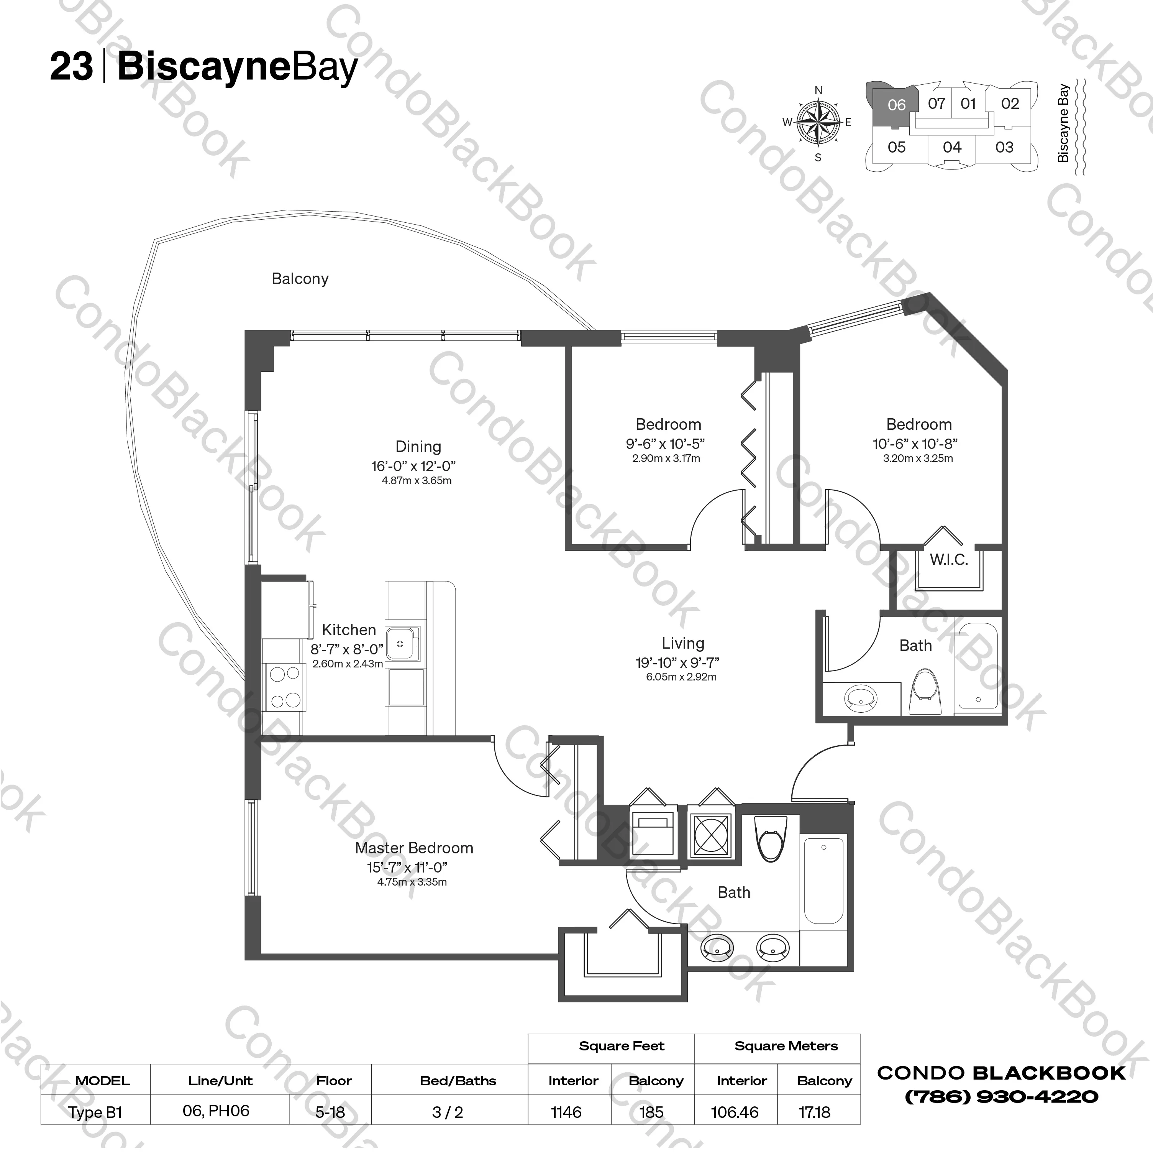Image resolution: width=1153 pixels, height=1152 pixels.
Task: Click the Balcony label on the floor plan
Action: click(x=300, y=279)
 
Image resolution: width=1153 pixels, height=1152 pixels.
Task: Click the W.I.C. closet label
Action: click(x=948, y=560)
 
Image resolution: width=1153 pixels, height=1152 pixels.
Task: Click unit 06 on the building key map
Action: click(x=896, y=105)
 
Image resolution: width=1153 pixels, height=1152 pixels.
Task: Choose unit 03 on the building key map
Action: click(x=1004, y=147)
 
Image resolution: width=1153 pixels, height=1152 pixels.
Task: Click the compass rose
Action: click(x=818, y=123)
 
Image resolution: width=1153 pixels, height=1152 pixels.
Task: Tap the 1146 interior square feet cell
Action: click(x=566, y=1112)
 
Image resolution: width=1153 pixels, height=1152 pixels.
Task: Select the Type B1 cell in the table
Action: click(x=95, y=1112)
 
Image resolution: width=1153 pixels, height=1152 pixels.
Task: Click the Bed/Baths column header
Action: click(x=458, y=1080)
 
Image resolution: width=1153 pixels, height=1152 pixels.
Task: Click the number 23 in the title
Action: click(x=71, y=66)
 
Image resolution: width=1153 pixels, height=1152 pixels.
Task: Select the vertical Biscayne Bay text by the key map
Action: click(x=1063, y=123)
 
